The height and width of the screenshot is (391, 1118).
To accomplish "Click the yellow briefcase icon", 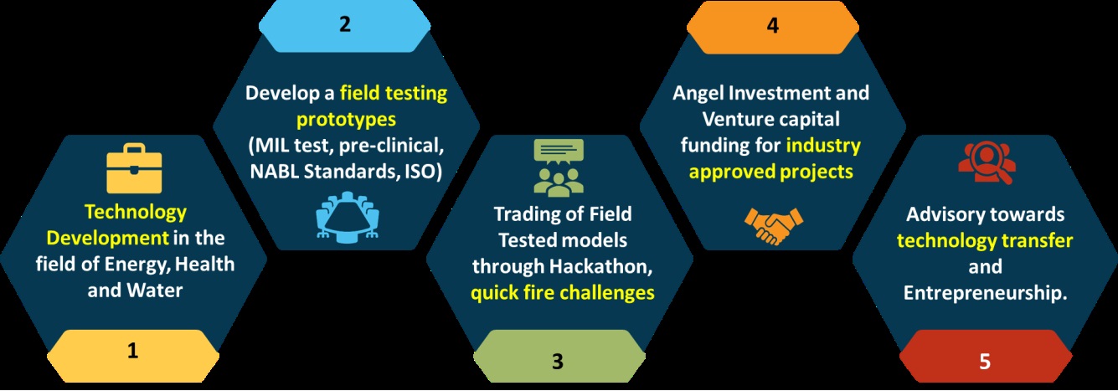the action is (134, 168).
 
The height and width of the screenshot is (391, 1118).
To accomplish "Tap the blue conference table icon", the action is (348, 217).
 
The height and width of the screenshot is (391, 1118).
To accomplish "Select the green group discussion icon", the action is (559, 167).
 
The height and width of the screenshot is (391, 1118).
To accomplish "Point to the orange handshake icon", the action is (773, 226).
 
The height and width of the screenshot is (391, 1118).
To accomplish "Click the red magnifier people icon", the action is (987, 163).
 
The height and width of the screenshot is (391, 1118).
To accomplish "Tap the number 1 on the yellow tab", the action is (132, 351).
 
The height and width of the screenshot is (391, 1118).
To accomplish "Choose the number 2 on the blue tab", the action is (345, 24).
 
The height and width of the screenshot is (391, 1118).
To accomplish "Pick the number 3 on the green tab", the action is (558, 362).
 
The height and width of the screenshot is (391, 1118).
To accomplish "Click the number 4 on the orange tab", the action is (773, 24).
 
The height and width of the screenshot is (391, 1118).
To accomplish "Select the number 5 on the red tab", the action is (985, 362).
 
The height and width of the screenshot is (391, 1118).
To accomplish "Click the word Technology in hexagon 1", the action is (136, 212).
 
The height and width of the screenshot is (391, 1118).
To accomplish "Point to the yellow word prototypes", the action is (347, 120).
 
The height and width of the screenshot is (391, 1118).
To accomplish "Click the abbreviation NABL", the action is (274, 171).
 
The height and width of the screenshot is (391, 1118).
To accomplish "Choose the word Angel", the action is (698, 93).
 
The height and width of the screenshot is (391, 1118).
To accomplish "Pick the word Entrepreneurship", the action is (985, 293).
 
